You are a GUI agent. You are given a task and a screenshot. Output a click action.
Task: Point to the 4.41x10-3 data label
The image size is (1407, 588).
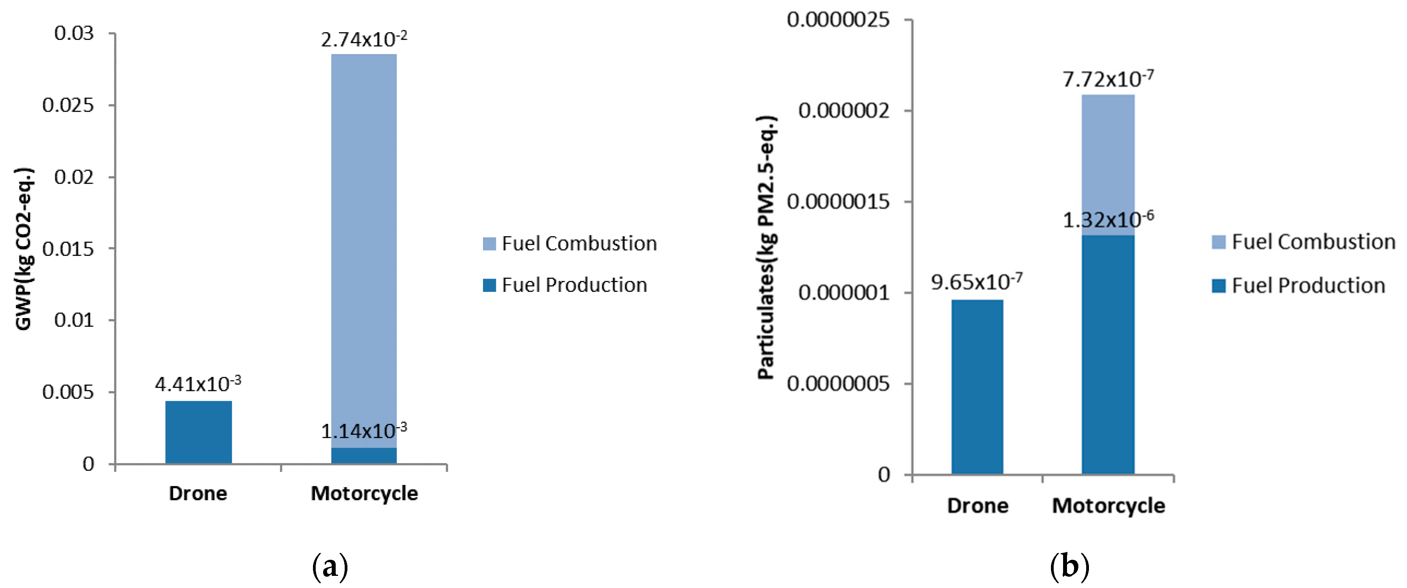pos(198,384)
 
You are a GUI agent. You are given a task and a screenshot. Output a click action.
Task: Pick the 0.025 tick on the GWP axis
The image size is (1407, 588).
pos(68,105)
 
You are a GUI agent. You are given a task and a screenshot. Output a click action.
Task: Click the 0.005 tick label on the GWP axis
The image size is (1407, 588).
pos(68,392)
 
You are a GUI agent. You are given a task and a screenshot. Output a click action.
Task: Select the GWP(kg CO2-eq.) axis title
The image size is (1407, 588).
pos(24,249)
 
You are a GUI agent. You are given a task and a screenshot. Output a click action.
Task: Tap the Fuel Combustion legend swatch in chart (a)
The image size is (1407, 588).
pos(489,244)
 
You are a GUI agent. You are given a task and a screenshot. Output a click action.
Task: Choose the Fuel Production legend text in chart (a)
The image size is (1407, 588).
pos(574,285)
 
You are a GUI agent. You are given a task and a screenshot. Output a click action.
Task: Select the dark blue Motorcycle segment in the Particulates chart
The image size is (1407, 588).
pos(1108,355)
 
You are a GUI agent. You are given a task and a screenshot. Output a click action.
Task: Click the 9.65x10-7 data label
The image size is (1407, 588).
pos(977,282)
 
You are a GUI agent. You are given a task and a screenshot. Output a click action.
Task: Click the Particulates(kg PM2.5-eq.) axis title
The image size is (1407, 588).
pos(767,247)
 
